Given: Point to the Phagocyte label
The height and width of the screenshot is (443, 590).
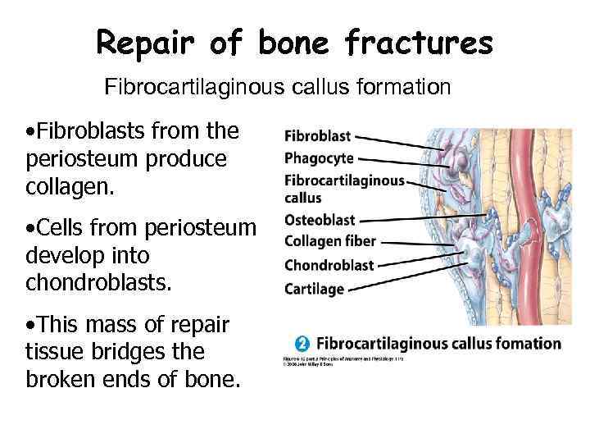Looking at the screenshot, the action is [x=319, y=158].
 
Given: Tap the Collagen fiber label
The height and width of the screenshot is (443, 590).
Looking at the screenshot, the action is [x=330, y=241].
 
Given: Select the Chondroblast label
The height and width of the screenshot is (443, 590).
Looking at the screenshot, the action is [x=329, y=264].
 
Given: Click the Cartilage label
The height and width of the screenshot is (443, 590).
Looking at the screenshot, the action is [x=314, y=288].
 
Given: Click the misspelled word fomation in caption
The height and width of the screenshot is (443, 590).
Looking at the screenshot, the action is [x=524, y=343].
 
